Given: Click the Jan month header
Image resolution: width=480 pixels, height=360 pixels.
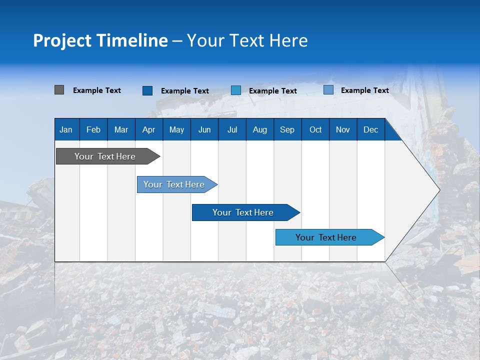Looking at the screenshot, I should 66,129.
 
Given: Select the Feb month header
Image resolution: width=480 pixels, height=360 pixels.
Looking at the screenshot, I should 93,129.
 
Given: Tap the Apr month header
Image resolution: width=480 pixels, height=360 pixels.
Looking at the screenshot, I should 148,129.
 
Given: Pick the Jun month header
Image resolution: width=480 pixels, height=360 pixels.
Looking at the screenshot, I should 204,129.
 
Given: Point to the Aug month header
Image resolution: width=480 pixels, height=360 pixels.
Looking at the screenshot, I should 259,129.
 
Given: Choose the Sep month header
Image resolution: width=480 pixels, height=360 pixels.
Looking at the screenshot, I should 287,129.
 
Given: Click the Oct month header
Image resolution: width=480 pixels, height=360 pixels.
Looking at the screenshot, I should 315,129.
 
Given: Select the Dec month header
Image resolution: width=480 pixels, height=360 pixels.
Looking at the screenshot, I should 370,129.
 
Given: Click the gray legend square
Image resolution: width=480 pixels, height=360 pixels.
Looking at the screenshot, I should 59,90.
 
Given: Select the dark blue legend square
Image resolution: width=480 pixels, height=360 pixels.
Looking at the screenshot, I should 147,90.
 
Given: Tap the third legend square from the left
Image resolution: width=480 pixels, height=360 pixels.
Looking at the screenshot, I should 236,90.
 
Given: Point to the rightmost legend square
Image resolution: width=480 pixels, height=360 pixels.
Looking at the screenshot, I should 328,90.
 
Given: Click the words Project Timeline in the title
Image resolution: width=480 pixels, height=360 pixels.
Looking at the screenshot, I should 100,40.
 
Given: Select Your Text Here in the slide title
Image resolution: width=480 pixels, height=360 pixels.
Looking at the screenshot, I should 247,40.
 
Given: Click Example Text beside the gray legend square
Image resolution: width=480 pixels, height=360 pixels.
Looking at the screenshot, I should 97,90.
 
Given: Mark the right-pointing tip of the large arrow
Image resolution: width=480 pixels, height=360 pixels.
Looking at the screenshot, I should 438,190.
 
